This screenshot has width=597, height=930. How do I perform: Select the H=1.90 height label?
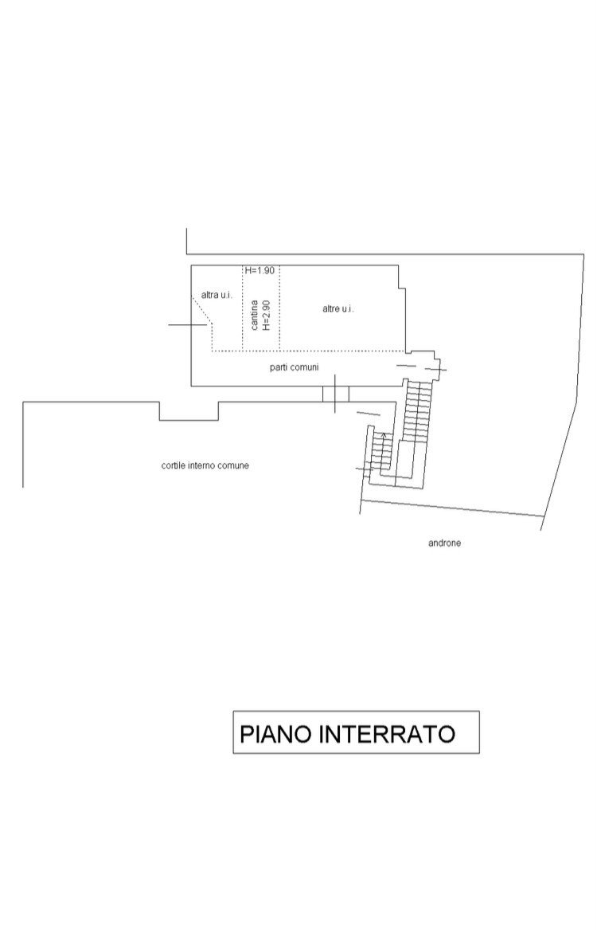[259, 271]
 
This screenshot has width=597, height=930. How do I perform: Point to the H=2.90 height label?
[267, 315]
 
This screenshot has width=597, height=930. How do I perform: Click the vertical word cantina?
[254, 315]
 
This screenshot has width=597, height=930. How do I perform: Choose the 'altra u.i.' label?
[216, 295]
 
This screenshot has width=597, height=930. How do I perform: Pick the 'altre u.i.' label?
[338, 308]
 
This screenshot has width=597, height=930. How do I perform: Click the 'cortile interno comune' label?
[205, 465]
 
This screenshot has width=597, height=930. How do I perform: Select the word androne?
[445, 543]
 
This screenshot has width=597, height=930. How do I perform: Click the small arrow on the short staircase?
[385, 435]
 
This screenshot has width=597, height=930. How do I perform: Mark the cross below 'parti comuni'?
[336, 394]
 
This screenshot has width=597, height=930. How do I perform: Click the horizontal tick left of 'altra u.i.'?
[188, 325]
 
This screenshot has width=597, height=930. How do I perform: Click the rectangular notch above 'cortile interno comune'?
[189, 410]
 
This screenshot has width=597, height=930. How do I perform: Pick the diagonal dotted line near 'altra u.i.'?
[203, 311]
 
